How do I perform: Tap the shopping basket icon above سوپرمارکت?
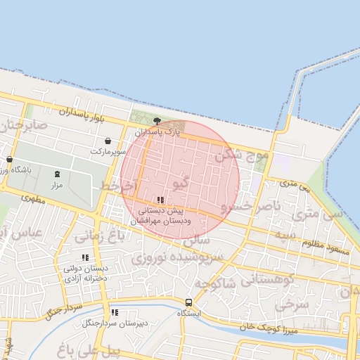107,141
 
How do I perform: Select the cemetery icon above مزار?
57,174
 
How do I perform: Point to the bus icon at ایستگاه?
188,302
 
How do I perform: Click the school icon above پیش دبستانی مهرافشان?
161,200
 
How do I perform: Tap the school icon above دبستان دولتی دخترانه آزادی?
86,258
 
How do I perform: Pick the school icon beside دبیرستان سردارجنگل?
115,312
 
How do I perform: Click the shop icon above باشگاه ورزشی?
9,160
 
